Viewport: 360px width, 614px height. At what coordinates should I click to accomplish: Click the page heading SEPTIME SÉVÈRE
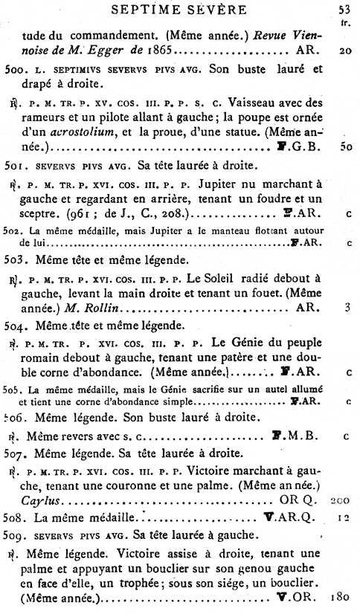pos(178,9)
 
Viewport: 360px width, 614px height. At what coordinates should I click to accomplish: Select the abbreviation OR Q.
pos(288,500)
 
